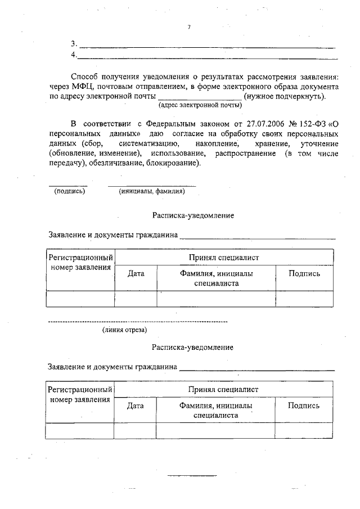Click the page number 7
(189, 26)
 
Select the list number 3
(73, 44)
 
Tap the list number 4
(73, 55)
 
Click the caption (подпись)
(69, 191)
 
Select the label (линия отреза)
(125, 330)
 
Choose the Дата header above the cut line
(136, 274)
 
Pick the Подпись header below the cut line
(304, 405)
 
